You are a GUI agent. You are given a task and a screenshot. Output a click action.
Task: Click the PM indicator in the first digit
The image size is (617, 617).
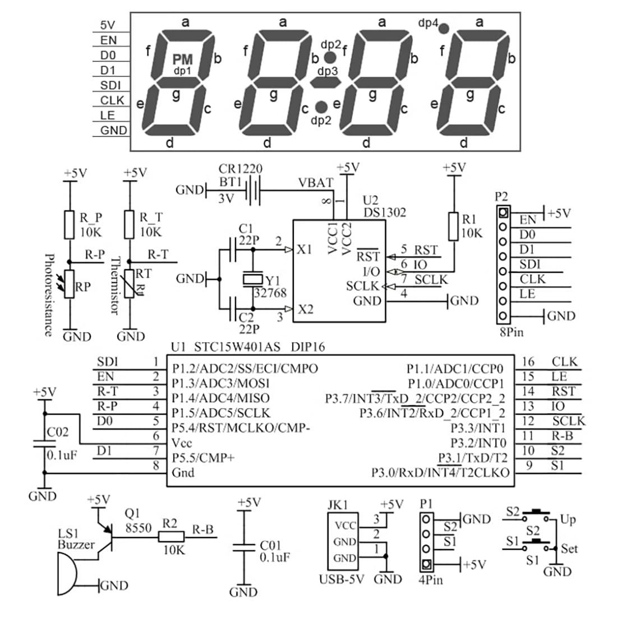[183, 59]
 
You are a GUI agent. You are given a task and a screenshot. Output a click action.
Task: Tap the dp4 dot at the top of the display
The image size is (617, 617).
[444, 29]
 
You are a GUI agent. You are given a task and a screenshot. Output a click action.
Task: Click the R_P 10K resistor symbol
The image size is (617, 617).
[69, 225]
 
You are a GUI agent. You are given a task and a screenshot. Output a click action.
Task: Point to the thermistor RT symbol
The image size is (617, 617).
[129, 284]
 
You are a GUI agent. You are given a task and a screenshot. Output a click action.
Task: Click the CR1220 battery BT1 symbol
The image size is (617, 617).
[253, 191]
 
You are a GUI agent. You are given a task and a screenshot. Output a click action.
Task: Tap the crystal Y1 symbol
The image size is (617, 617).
[252, 279]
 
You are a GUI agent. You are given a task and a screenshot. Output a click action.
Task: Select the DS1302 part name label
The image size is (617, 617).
[384, 213]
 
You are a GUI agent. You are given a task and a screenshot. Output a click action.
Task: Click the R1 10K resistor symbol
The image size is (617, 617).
[454, 226]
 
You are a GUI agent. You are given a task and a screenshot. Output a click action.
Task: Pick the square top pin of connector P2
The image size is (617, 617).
[503, 213]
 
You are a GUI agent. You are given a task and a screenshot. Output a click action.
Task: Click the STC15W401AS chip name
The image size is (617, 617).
[237, 347]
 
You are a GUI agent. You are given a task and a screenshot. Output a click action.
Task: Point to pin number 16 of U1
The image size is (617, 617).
[528, 362]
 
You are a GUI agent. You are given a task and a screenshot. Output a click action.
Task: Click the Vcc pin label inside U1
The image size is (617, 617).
[182, 443]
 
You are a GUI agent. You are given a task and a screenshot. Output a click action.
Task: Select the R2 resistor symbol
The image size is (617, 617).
[171, 537]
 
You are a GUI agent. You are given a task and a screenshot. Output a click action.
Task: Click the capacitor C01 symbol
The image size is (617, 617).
[244, 547]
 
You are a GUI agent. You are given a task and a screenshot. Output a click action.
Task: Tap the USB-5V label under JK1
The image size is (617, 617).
[342, 579]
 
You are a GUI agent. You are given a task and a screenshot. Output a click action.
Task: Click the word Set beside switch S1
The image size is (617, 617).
[569, 548]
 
